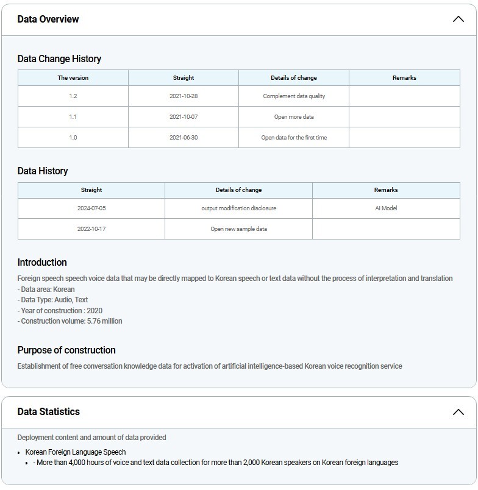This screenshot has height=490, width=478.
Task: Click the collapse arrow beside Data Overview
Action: click(458, 19)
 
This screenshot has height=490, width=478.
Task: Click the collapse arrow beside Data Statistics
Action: click(458, 412)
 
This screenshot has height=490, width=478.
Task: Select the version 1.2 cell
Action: click(73, 96)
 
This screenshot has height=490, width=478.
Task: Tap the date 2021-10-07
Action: click(184, 117)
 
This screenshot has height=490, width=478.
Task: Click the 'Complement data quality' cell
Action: click(294, 96)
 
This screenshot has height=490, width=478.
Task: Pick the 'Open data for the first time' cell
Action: click(294, 138)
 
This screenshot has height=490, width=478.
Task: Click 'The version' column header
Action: click(73, 78)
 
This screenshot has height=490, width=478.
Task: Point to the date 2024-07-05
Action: click(91, 208)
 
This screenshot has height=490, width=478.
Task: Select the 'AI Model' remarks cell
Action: click(386, 208)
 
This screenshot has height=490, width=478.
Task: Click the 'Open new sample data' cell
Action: click(238, 229)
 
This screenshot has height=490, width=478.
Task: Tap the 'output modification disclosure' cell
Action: click(238, 208)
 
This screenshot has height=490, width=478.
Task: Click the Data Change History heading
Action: click(59, 59)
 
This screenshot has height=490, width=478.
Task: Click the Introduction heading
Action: click(42, 263)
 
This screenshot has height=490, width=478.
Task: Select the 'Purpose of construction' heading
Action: click(66, 350)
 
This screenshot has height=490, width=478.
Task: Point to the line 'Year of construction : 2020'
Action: click(60, 311)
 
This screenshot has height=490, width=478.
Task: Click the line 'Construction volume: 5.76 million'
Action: click(70, 321)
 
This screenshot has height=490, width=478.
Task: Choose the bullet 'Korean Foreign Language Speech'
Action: click(76, 452)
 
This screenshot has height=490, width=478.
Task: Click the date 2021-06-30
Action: click(184, 138)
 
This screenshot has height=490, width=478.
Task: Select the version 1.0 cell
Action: click(73, 138)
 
